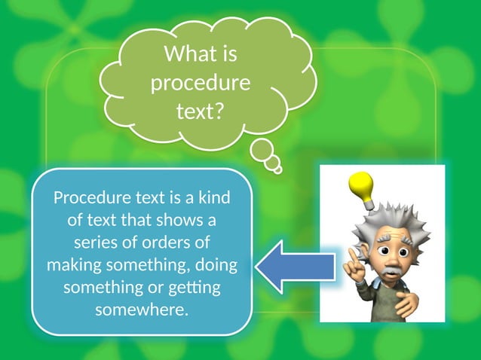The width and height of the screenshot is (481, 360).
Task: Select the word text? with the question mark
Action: (201, 111)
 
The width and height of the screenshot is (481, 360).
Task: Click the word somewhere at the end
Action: (141, 310)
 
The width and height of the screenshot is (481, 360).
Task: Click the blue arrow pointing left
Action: (296, 266)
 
